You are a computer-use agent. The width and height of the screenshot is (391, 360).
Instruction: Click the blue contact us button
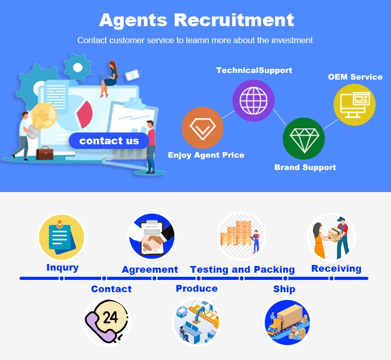point(109,141)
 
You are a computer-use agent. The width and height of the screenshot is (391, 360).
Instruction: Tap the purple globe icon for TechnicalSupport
point(253,101)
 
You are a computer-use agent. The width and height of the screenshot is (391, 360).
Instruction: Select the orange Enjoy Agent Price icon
point(203,128)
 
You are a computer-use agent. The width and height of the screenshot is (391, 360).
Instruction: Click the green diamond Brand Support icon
point(304,138)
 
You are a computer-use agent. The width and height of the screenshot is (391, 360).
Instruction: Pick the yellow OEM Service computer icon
point(355,104)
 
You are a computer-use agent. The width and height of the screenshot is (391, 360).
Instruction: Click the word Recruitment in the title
point(234,20)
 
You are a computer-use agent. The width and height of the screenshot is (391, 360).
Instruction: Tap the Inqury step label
point(63,268)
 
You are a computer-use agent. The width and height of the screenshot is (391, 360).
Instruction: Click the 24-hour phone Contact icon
point(107,321)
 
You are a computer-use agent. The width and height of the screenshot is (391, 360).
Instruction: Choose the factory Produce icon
point(197,321)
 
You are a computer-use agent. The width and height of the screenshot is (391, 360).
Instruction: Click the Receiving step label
point(336,269)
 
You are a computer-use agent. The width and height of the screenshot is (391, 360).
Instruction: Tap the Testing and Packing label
point(242,270)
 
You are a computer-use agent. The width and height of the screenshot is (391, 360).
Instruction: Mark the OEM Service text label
point(355,77)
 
